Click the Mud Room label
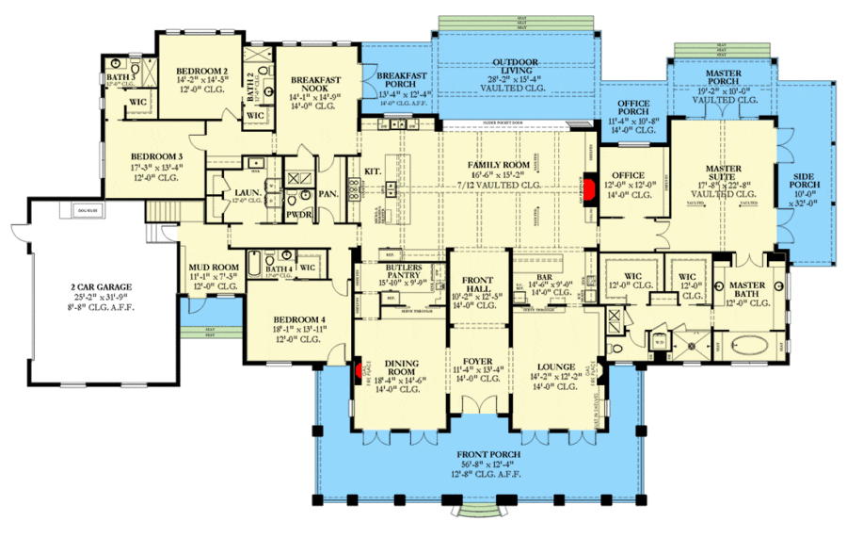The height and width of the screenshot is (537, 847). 211,268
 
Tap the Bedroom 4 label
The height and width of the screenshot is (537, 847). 299,319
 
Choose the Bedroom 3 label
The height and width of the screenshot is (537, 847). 156,155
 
